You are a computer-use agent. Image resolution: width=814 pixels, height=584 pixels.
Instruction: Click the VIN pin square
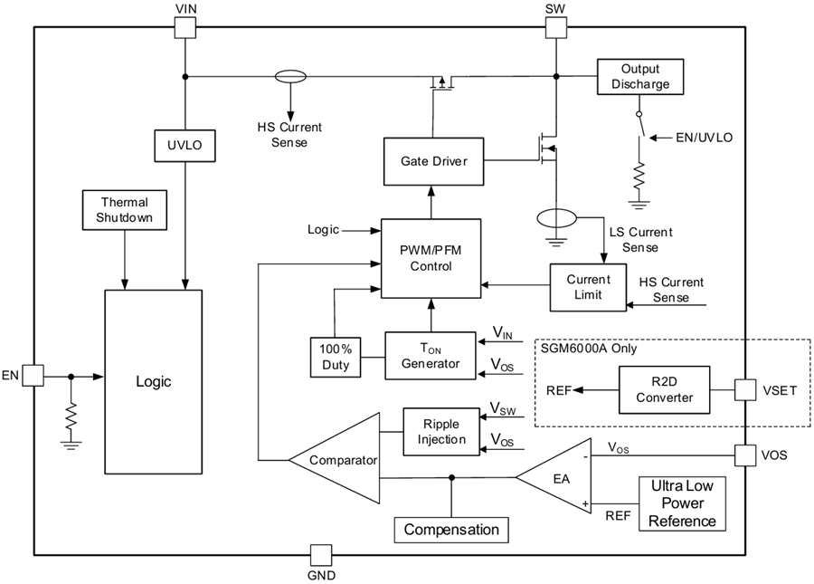(x=185, y=28)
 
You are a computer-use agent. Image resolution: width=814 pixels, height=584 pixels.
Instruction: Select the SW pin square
(x=555, y=28)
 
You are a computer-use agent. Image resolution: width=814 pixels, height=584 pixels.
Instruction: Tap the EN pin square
(x=33, y=376)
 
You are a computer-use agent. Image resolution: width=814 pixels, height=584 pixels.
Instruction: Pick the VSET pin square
(x=745, y=389)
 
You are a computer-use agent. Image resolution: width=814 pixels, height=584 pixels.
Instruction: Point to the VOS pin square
(x=745, y=455)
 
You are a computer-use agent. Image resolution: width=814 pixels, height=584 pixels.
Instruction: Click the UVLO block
(x=185, y=146)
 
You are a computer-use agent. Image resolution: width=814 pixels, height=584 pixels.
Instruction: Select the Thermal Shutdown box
(x=124, y=210)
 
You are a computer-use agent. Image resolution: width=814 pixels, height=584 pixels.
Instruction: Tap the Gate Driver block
(x=434, y=160)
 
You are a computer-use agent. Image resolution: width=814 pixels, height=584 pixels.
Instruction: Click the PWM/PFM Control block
(x=431, y=258)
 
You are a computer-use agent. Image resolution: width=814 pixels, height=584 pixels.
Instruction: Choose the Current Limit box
(x=588, y=288)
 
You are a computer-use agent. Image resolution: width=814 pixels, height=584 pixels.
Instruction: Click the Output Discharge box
(x=639, y=77)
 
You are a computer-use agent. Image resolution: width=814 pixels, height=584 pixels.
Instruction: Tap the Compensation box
(x=451, y=529)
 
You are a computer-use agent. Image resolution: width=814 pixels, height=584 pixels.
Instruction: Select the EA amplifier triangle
(x=559, y=474)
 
